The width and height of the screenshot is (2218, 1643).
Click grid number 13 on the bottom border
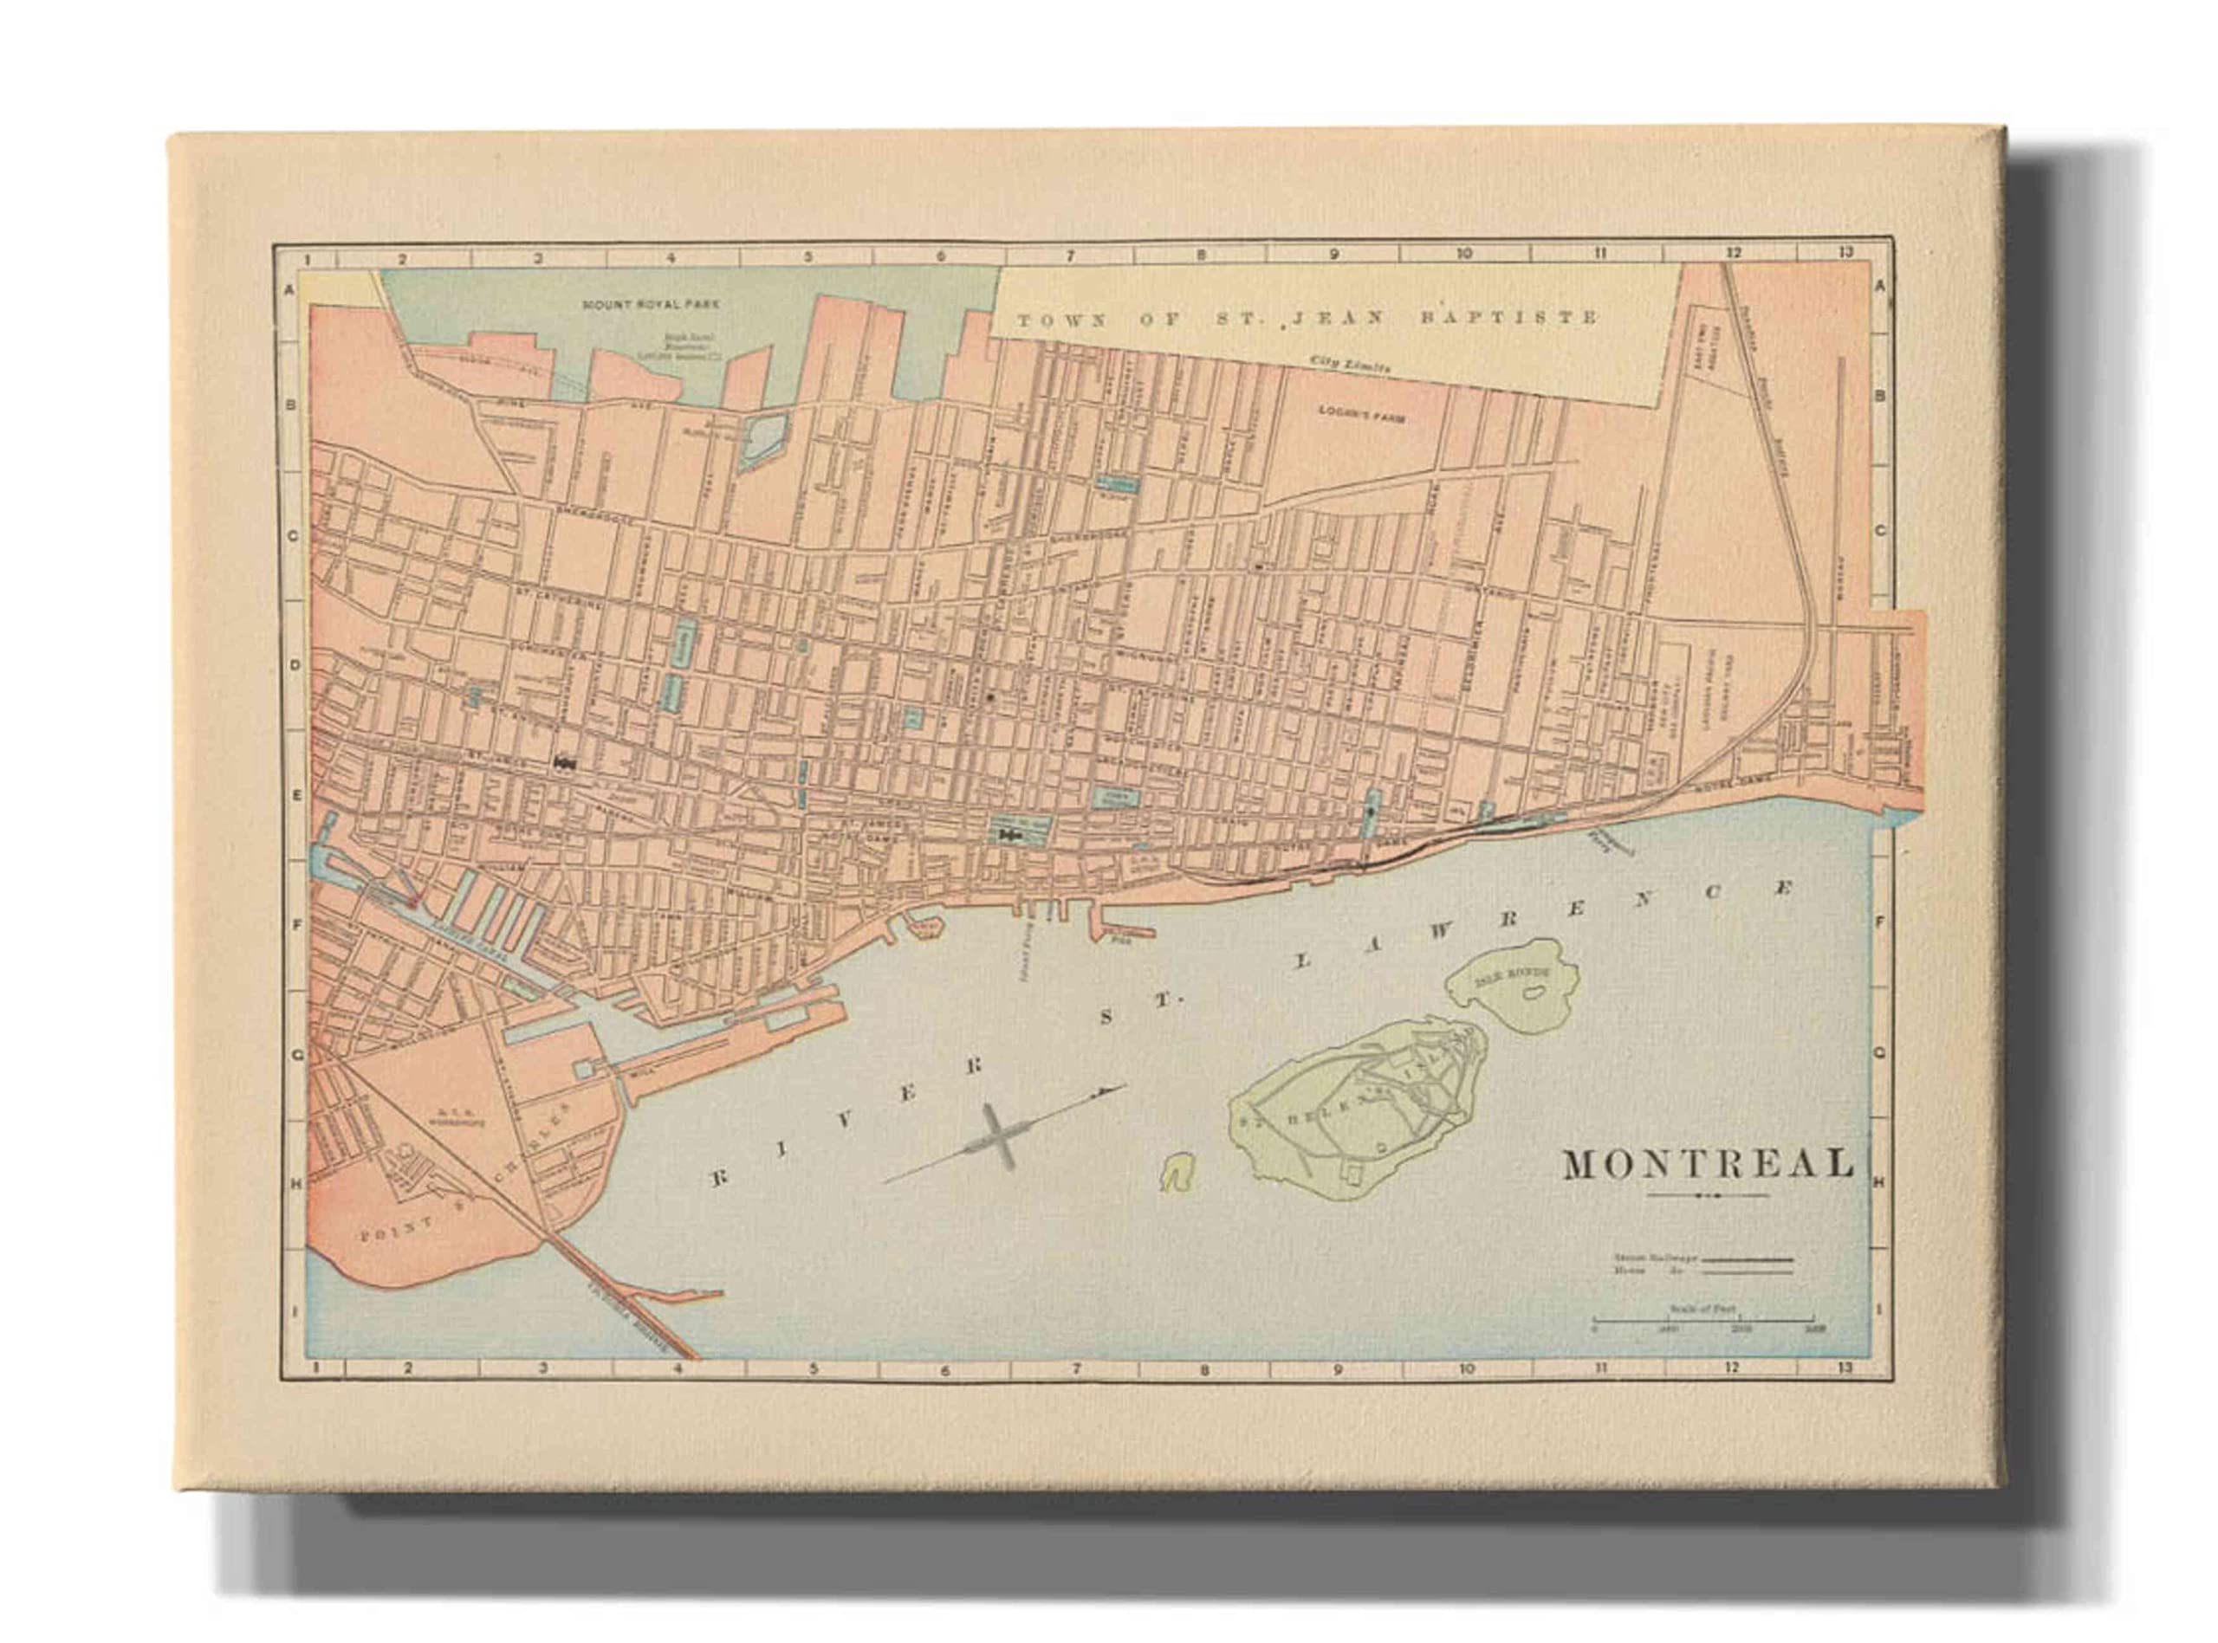1845,1368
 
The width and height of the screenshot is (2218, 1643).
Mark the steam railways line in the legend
1748,1259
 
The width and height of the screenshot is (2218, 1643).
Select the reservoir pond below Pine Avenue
763,441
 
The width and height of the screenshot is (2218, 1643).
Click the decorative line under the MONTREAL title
1708,1194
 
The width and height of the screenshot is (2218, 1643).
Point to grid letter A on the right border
1880,287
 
